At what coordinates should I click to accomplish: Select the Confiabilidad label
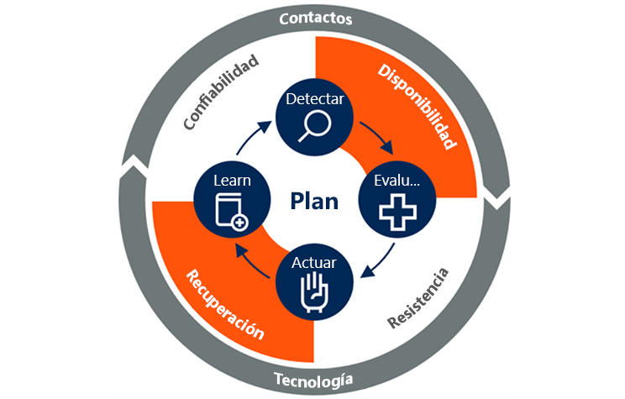220,93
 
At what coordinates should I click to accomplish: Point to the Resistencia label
418,299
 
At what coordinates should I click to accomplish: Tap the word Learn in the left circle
232,181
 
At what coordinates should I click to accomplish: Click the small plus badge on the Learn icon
241,223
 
